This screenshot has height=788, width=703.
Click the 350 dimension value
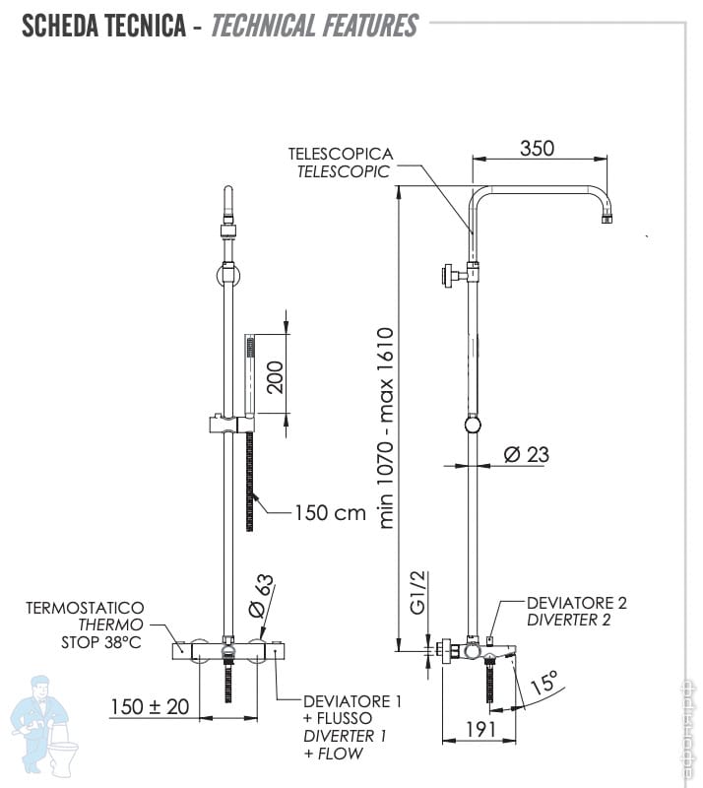(538, 149)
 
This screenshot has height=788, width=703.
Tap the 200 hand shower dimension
(276, 377)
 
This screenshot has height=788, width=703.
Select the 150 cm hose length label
(330, 513)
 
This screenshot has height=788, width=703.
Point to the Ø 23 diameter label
(527, 454)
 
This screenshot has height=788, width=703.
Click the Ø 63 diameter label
(262, 596)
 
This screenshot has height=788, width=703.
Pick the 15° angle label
(544, 682)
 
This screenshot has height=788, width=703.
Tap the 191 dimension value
(480, 729)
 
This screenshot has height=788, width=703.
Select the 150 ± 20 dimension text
(150, 706)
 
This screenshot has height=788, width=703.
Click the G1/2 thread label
(418, 593)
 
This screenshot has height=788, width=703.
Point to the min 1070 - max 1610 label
(386, 428)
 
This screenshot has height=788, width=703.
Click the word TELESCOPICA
(341, 154)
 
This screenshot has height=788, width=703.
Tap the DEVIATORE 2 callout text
(577, 603)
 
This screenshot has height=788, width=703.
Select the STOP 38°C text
(101, 642)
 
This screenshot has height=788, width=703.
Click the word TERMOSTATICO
(85, 608)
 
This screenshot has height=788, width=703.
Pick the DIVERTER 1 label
(345, 736)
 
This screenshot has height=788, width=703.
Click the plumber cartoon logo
(44, 727)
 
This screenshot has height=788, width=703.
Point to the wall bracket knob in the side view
(447, 276)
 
